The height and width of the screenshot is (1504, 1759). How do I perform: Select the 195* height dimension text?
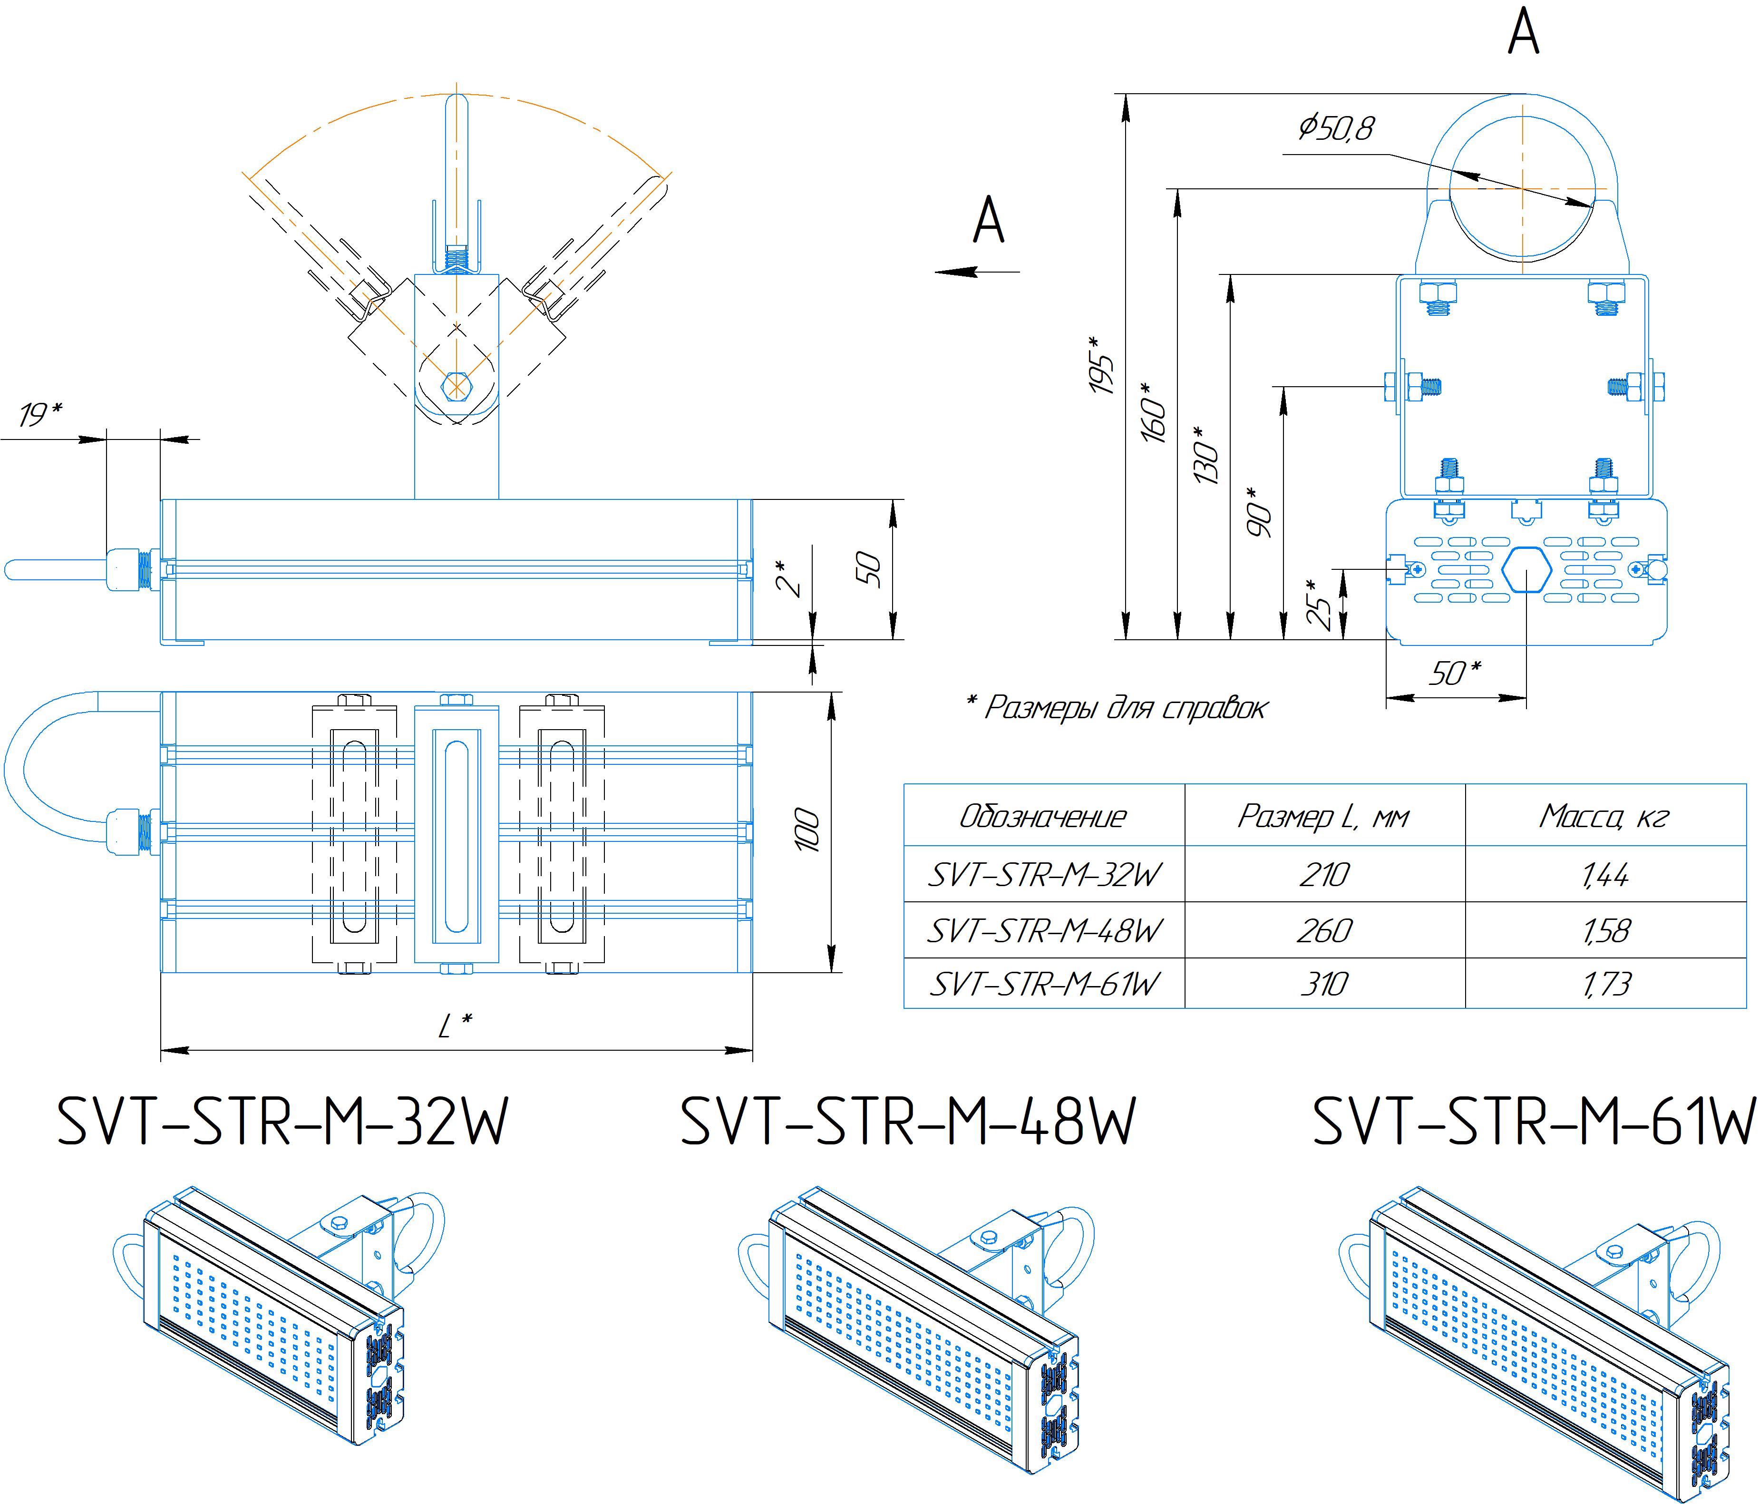(x=1101, y=365)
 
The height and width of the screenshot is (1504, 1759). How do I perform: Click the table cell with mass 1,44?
(x=1604, y=874)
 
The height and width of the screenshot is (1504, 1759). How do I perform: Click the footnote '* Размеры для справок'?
(x=1117, y=706)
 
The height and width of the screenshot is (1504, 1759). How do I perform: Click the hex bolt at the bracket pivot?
(x=456, y=386)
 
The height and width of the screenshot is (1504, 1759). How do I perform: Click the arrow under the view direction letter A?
(x=976, y=272)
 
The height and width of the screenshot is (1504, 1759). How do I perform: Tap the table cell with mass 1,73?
(x=1604, y=984)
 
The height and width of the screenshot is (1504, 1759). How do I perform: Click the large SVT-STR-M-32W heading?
(x=282, y=1122)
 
